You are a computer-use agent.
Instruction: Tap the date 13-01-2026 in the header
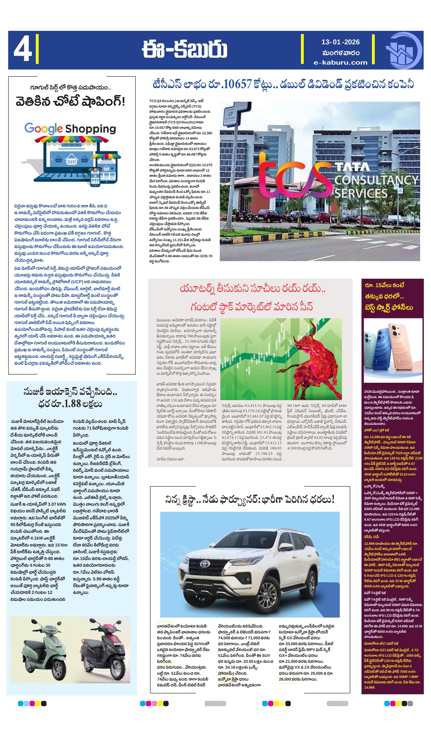tap(340, 42)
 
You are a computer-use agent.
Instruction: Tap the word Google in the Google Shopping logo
tap(43, 128)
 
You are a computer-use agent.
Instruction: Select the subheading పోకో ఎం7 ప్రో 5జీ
tap(377, 430)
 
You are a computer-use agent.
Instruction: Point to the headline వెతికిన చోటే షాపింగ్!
tap(70, 102)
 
